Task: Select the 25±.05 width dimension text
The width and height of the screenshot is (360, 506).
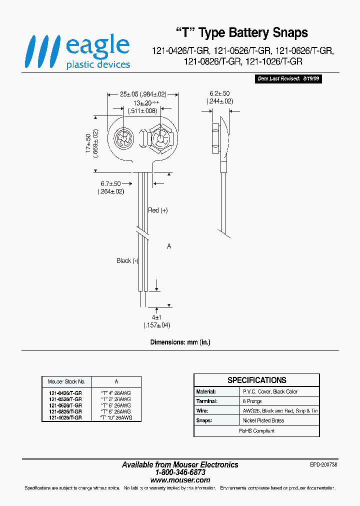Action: (x=142, y=94)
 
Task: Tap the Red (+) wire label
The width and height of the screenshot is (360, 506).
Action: (x=158, y=210)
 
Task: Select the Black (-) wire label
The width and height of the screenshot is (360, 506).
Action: (x=127, y=260)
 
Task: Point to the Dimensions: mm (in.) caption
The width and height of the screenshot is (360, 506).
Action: (x=180, y=342)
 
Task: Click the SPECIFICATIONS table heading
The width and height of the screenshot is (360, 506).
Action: (x=256, y=380)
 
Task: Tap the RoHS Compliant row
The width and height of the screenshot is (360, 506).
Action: (x=256, y=430)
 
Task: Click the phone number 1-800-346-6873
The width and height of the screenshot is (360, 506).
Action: (x=180, y=472)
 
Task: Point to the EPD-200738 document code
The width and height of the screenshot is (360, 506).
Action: (x=323, y=464)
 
